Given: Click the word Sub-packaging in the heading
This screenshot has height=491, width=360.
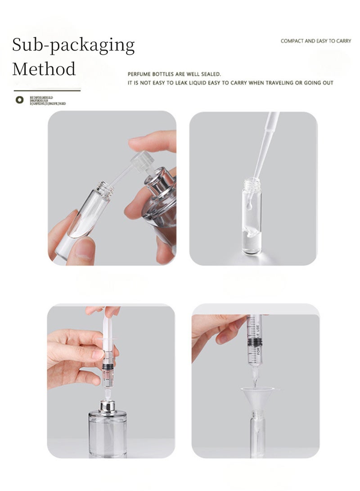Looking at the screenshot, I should coord(73,46).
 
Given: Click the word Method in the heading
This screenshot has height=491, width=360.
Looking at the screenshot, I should coord(44,69).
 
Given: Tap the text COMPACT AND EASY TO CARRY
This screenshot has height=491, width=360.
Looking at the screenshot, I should coord(315,41).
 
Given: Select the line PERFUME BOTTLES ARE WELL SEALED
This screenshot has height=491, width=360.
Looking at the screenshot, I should coord(174,74).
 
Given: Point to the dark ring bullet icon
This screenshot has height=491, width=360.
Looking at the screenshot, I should coord(19,99).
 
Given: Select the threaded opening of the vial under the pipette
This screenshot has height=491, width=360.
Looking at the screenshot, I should coord(252,184).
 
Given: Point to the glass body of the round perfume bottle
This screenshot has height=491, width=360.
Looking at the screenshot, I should coord(107,434).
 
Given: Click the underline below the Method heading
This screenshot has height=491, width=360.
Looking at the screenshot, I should coord(46,90).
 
